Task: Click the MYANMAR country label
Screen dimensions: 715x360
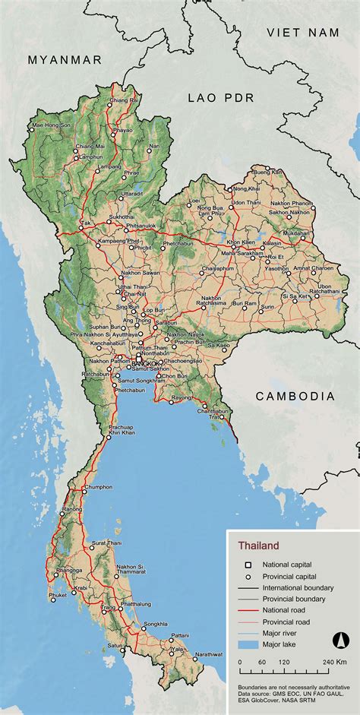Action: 64,60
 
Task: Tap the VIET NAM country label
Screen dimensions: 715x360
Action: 301,32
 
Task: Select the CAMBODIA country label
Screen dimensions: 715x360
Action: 295,396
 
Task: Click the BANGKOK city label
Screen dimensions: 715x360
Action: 146,364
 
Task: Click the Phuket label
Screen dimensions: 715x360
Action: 58,595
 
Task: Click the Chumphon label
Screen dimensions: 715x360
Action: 98,487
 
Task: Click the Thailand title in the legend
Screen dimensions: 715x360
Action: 258,545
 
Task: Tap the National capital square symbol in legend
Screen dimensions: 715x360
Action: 247,565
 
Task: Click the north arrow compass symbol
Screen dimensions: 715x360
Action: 340,642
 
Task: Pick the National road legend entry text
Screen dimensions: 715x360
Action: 286,611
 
